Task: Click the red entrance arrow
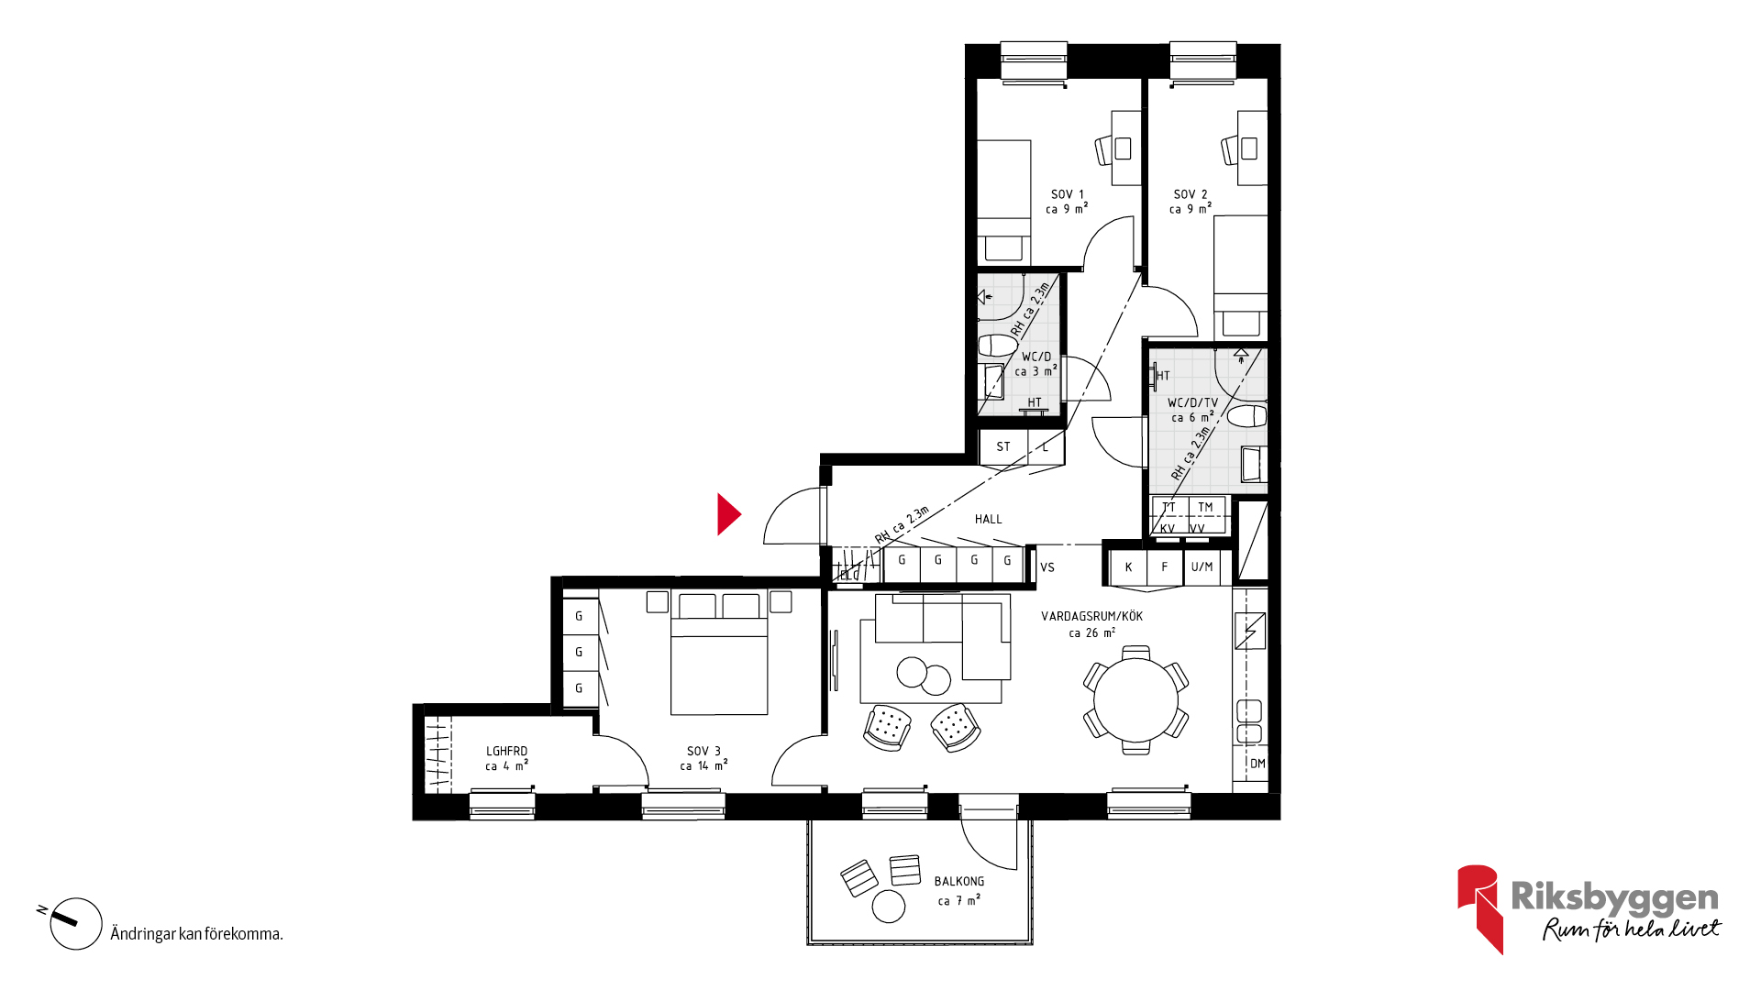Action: (x=727, y=514)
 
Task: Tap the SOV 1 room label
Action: (x=1067, y=194)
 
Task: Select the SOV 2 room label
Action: (x=1191, y=194)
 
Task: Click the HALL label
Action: (x=988, y=520)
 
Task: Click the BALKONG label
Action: (x=959, y=882)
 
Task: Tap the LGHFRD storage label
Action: (x=506, y=752)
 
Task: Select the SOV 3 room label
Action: (x=703, y=752)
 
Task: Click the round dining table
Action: (x=1135, y=700)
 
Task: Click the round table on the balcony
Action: (x=888, y=906)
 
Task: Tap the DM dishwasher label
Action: (x=1257, y=764)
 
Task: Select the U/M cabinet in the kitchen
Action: (x=1202, y=567)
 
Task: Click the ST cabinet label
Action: (x=1003, y=447)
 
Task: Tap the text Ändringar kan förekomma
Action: (x=196, y=934)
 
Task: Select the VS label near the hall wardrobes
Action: (x=1047, y=567)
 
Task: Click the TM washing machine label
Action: (x=1205, y=507)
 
